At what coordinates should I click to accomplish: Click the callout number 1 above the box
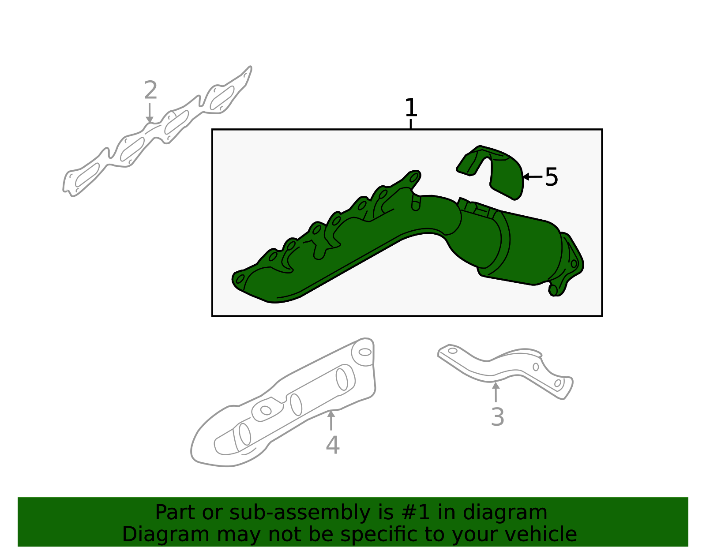pos(411,108)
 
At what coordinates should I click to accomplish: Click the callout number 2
pos(151,90)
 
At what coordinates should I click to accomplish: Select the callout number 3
pos(497,417)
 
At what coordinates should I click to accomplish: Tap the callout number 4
pos(333,445)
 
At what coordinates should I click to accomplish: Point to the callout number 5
pos(552,177)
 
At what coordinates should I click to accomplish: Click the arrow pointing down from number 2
pos(150,113)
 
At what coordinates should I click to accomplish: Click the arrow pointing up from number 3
pos(496,392)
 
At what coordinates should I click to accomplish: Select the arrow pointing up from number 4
pos(331,420)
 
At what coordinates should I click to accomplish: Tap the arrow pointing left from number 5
pos(533,176)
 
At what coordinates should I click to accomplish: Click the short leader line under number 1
pos(411,124)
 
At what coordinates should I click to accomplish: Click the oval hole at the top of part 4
pos(365,352)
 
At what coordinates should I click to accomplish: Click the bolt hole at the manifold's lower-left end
pos(240,278)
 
